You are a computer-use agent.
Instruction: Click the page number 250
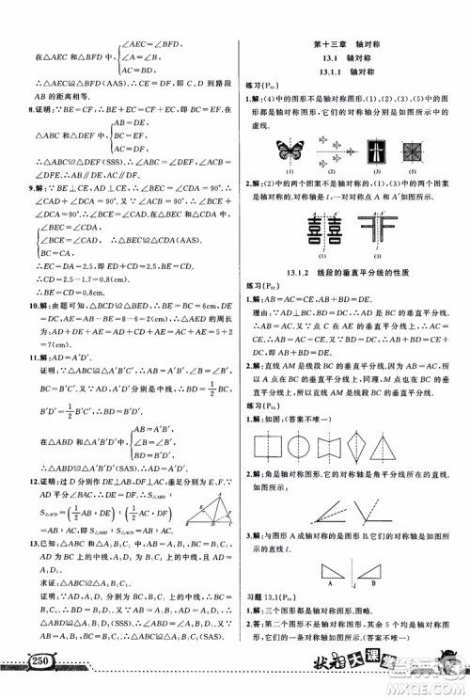[x=37, y=669]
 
